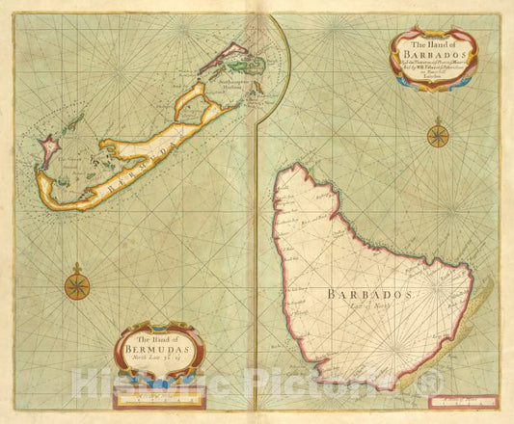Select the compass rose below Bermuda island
click(77, 285)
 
